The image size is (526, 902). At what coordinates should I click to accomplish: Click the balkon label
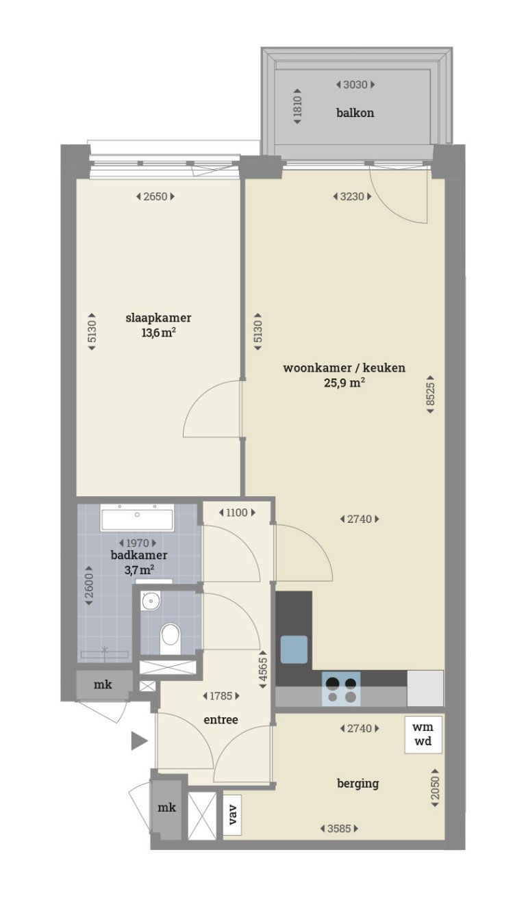click(355, 113)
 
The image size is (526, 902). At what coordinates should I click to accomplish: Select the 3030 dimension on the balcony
click(355, 85)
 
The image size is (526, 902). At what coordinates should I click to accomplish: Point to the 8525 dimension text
click(430, 391)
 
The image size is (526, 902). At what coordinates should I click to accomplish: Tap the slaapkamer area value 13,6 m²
click(158, 333)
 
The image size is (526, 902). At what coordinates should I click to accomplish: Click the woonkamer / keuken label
click(344, 368)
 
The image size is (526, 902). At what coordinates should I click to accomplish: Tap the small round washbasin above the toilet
click(151, 602)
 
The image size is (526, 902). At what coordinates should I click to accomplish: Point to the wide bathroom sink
click(137, 519)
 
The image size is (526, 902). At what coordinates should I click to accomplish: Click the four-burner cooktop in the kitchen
click(341, 689)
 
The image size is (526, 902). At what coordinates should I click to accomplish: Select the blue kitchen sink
click(294, 649)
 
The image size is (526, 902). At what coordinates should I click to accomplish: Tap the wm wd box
click(423, 735)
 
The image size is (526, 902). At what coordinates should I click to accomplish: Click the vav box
click(233, 814)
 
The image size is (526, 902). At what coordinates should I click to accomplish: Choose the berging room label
click(358, 784)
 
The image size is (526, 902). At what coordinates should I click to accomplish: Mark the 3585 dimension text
click(339, 829)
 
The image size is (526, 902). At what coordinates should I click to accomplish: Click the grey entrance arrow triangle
click(139, 740)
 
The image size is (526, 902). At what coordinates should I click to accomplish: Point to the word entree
click(221, 720)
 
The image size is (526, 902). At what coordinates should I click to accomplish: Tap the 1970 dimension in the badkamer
click(138, 543)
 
